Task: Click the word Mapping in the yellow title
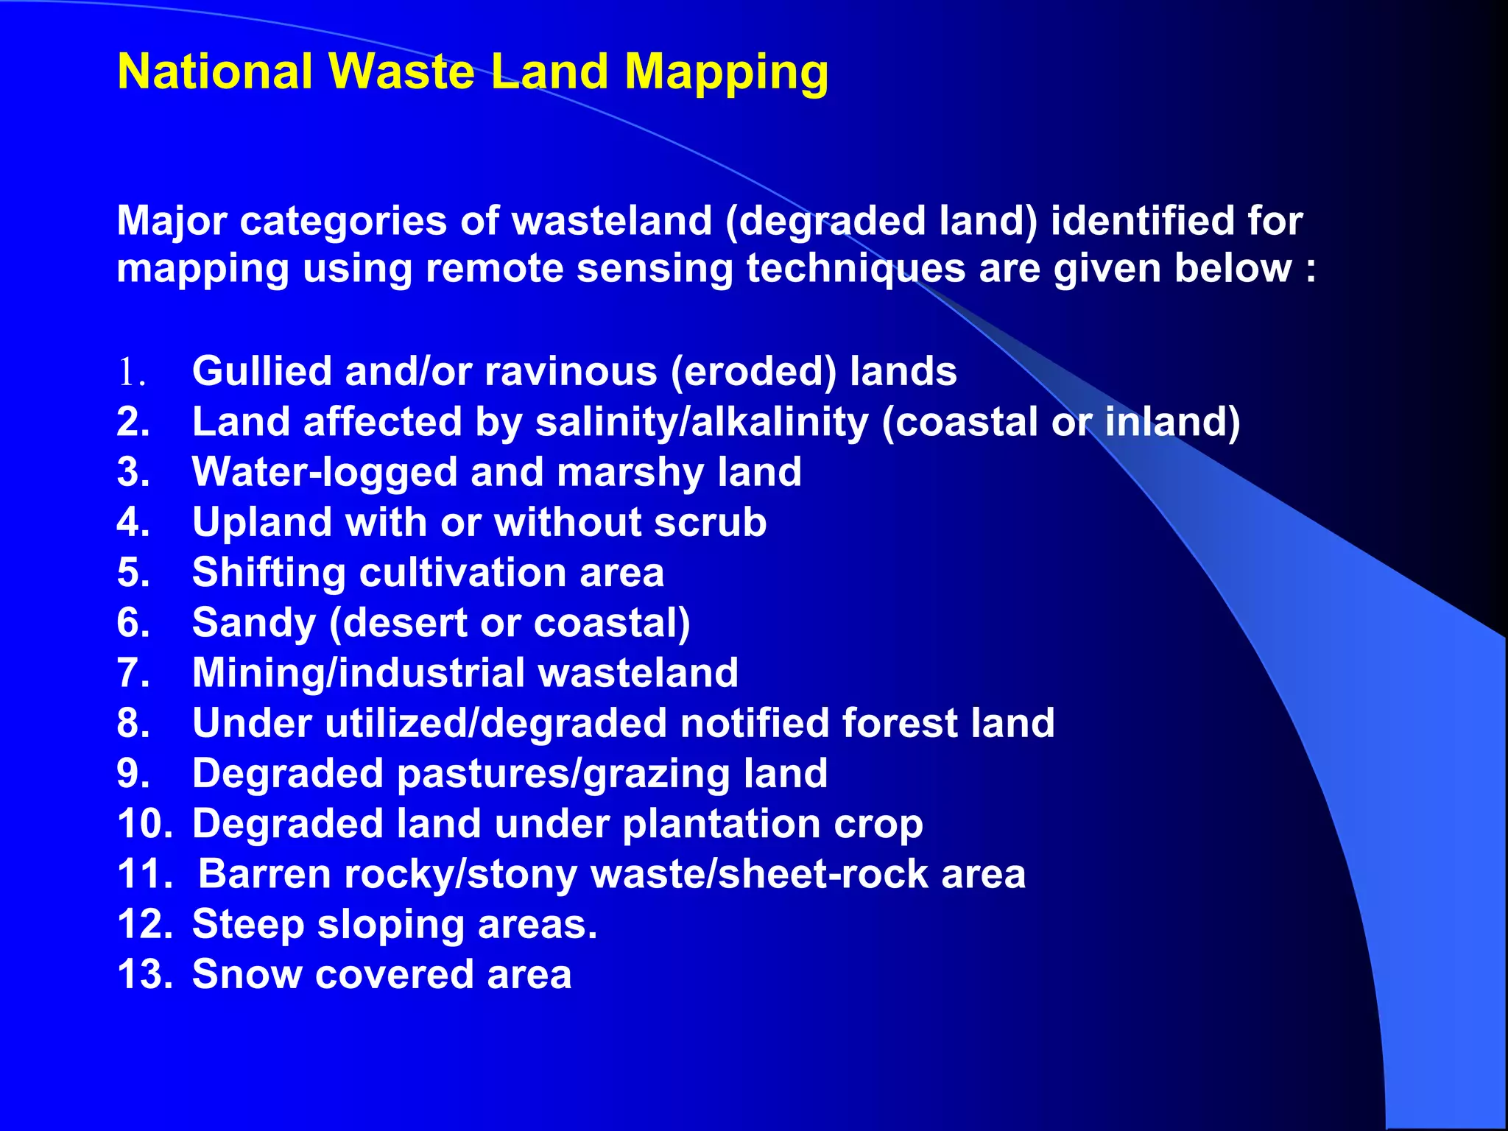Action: (726, 73)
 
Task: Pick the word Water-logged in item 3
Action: (325, 472)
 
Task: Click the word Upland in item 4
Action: (262, 522)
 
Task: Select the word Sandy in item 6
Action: (253, 623)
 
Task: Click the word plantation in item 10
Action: (721, 824)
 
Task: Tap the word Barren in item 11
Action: (264, 875)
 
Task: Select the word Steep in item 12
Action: (248, 925)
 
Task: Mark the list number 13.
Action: (145, 975)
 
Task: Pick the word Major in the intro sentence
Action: (172, 221)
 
